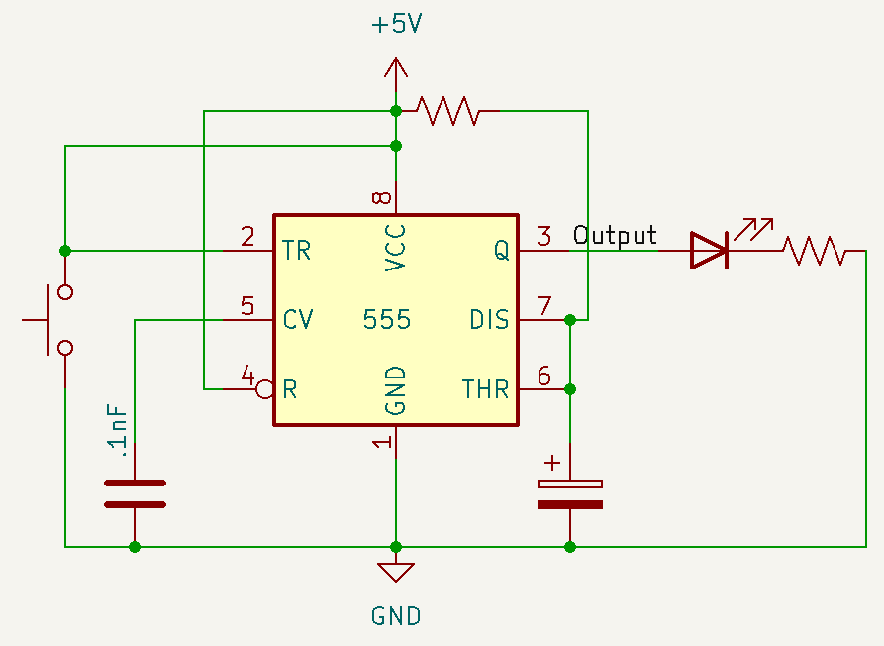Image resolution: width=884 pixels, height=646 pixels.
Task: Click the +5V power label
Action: (x=396, y=25)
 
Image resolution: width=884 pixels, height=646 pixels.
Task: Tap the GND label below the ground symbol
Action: (x=396, y=616)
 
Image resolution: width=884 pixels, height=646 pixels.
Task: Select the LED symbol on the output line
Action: (x=710, y=250)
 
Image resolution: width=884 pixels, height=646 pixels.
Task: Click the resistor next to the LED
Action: (x=814, y=251)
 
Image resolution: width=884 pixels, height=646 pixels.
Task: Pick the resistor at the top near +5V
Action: (x=448, y=110)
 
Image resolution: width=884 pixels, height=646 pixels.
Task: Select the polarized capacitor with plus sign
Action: (x=569, y=493)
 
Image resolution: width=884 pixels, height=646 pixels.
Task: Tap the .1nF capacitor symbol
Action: (x=135, y=493)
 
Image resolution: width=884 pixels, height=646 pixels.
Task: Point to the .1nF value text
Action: (x=118, y=431)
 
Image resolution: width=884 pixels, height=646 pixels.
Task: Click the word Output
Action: (x=615, y=236)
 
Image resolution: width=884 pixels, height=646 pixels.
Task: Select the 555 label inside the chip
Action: (x=386, y=320)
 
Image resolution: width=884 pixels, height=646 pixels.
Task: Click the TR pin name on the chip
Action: (x=296, y=251)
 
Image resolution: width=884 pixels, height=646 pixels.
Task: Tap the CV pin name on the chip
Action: (x=298, y=320)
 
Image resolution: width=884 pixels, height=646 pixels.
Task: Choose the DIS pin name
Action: (x=489, y=320)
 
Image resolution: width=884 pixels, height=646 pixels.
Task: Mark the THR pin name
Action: (x=485, y=389)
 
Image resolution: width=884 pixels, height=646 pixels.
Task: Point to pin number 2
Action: (x=247, y=236)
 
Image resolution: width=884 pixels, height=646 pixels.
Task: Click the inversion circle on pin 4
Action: (x=264, y=389)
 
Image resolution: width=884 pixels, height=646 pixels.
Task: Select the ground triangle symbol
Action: (x=396, y=572)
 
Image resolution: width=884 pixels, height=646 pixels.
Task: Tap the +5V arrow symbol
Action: (x=396, y=69)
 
